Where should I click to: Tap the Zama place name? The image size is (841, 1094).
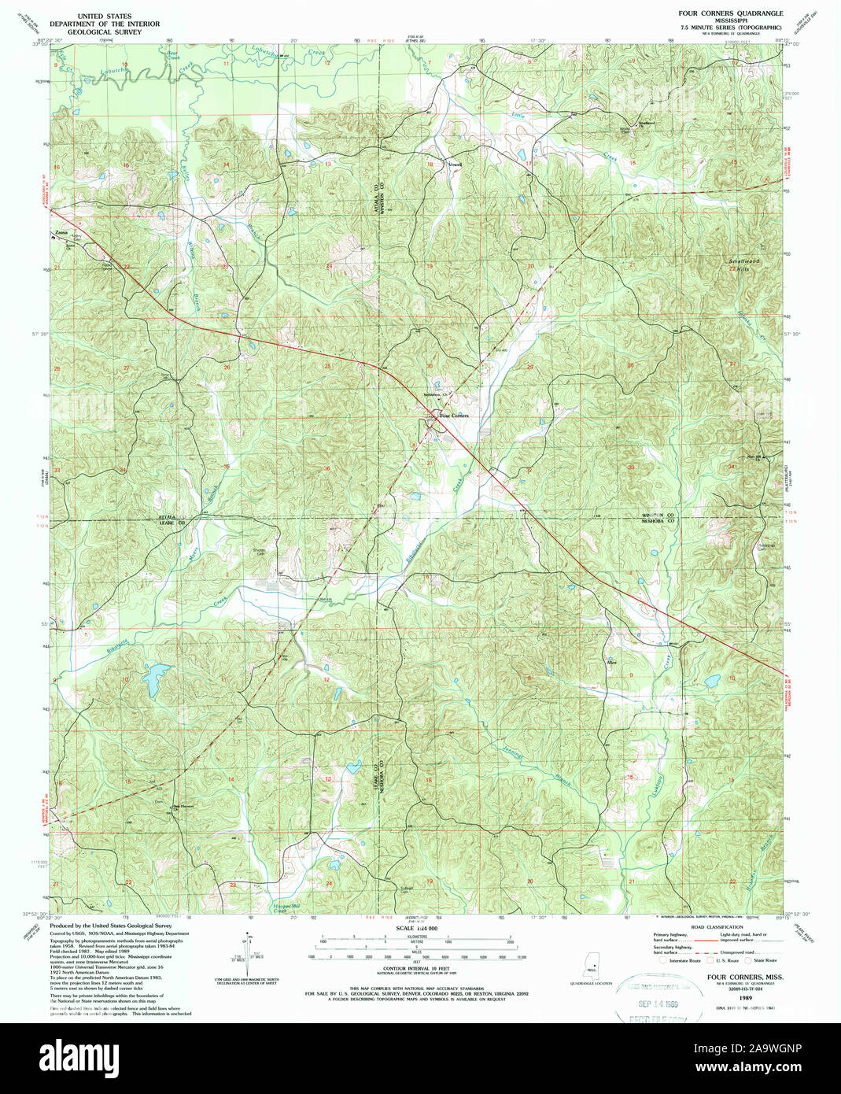click(60, 234)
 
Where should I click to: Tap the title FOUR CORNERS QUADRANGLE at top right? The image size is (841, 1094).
click(730, 15)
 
